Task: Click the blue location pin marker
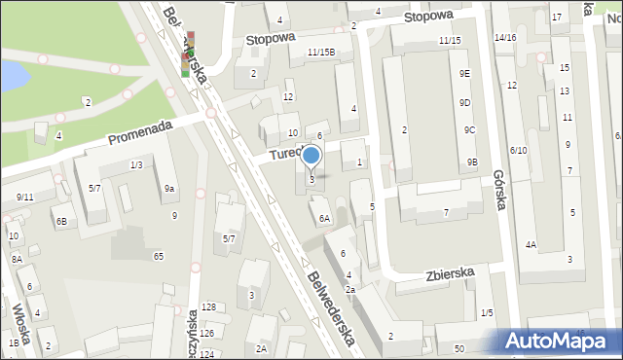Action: (311, 156)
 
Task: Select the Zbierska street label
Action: (448, 275)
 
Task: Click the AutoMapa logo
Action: (558, 341)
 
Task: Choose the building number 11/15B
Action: (321, 53)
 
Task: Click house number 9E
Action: (465, 74)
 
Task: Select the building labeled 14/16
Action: (504, 37)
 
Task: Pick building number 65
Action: (158, 256)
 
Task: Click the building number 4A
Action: (531, 244)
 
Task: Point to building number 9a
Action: (169, 189)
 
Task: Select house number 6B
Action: (60, 222)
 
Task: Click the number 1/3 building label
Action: (136, 165)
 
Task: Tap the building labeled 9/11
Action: (24, 198)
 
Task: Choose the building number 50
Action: (458, 347)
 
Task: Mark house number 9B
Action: (472, 162)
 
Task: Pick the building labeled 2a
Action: (349, 290)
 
